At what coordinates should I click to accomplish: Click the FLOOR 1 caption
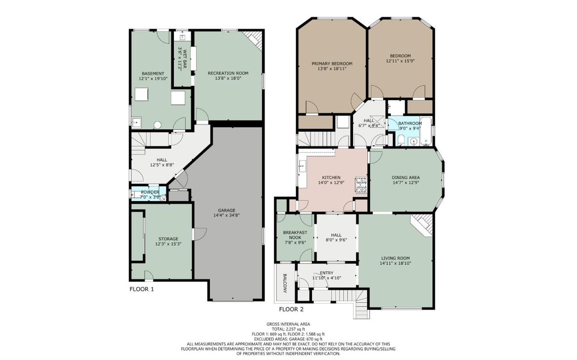(142, 289)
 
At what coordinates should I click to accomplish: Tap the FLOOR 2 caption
(291, 309)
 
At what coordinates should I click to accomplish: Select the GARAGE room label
(226, 210)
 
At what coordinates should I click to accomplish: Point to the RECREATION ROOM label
(228, 73)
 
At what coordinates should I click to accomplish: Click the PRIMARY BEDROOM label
(332, 64)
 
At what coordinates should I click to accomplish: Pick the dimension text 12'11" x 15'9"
(400, 61)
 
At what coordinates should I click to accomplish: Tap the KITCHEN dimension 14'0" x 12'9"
(331, 183)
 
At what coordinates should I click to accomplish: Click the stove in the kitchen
(361, 185)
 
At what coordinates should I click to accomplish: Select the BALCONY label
(285, 283)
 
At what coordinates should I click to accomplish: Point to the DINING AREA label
(406, 177)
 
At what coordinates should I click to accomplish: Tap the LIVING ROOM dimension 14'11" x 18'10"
(396, 263)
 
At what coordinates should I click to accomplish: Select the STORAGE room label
(168, 239)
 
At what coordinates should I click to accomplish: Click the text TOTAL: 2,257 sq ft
(288, 329)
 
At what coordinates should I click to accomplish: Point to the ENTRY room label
(327, 273)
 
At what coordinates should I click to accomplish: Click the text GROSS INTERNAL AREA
(288, 324)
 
